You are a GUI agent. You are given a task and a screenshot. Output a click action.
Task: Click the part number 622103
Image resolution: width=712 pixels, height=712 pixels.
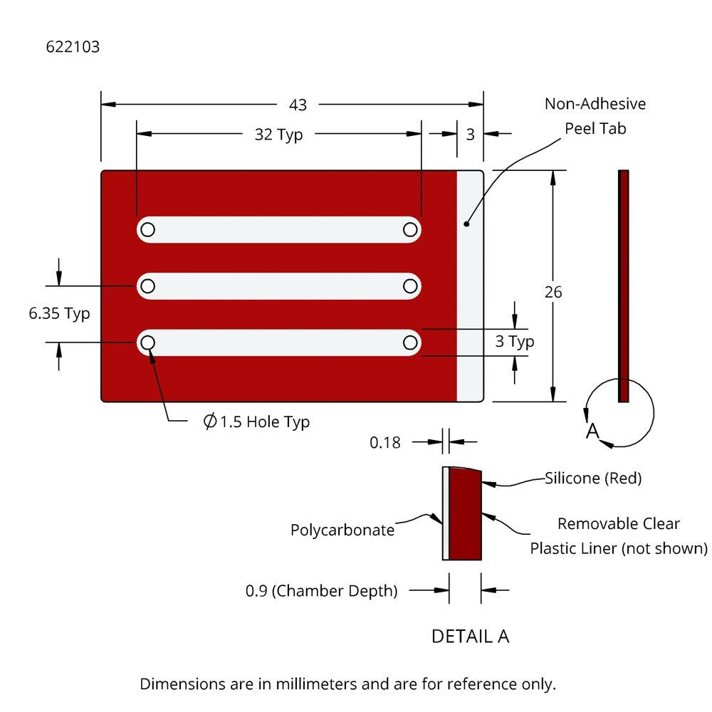pos(73,48)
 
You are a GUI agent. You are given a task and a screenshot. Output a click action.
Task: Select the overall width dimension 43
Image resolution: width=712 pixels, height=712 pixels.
pos(298,105)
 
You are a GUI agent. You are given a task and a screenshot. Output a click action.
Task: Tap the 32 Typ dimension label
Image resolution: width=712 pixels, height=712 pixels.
pos(278,135)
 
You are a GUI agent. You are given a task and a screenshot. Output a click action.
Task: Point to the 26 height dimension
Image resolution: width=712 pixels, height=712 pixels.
pos(553,292)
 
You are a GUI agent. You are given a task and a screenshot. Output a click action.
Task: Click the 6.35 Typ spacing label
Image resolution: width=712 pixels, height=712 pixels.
pos(60,313)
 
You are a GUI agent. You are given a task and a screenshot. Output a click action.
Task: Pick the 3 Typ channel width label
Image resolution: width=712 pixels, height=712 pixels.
pos(515,342)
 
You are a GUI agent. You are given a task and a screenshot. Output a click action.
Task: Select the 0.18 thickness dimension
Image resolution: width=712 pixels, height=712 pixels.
pos(385,443)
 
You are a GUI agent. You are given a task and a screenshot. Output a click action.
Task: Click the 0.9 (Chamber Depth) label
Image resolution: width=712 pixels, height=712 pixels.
pos(322,591)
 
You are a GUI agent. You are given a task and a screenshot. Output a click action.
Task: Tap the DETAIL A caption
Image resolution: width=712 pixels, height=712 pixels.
pos(470,636)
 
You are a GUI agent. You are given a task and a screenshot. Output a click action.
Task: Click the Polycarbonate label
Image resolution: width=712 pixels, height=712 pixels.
pos(342,530)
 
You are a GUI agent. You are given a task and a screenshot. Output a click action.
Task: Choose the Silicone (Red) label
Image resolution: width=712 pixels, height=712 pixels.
pos(593,478)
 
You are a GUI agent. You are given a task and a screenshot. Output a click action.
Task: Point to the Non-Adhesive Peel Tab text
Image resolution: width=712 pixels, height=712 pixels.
pos(595,116)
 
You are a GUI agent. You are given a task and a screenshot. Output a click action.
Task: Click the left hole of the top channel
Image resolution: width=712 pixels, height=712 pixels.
pos(147,229)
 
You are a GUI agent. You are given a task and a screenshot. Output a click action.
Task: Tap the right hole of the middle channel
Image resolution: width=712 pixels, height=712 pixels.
pos(410,286)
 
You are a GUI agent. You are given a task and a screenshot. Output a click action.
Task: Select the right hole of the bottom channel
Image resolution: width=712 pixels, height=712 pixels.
pos(410,343)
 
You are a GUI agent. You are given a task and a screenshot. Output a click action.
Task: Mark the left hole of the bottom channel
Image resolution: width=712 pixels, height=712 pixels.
pos(147,343)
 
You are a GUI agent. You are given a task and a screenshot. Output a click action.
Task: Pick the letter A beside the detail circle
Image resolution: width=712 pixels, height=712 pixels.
pos(592,431)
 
